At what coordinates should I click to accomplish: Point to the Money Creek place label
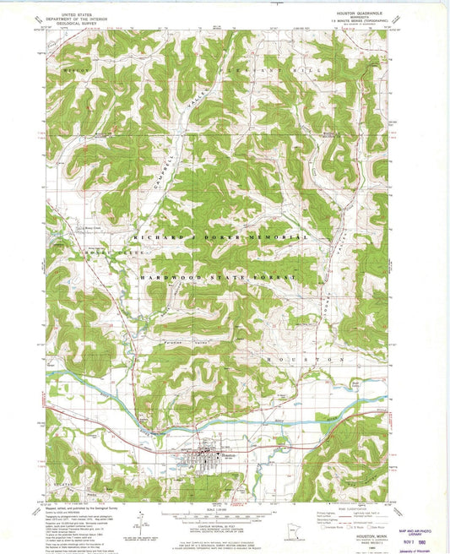point(68,226)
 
